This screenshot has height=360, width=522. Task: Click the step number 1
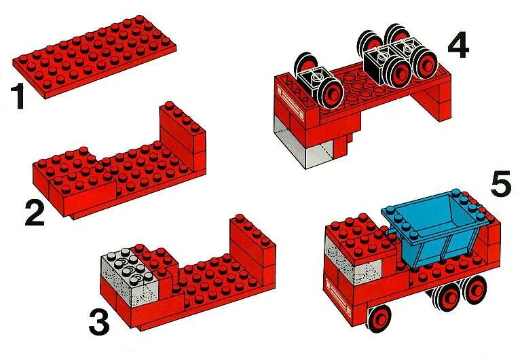pos(18,96)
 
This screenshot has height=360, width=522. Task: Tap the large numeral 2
pos(35,213)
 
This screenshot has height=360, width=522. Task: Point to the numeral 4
pos(458,47)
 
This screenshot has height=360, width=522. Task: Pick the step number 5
pos(501,183)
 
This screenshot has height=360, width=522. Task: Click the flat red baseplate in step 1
pos(94,56)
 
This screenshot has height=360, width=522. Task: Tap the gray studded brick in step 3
pos(129,276)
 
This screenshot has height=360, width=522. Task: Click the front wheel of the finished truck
pos(379,318)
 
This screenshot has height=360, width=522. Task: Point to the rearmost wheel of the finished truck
pos(475,290)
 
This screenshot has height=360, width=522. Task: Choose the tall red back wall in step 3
pos(253,250)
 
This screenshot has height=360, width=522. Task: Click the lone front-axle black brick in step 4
pos(314,80)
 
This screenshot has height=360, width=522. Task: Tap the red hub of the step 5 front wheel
pos(380,319)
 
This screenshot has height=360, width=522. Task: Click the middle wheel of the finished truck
pos(447,298)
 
